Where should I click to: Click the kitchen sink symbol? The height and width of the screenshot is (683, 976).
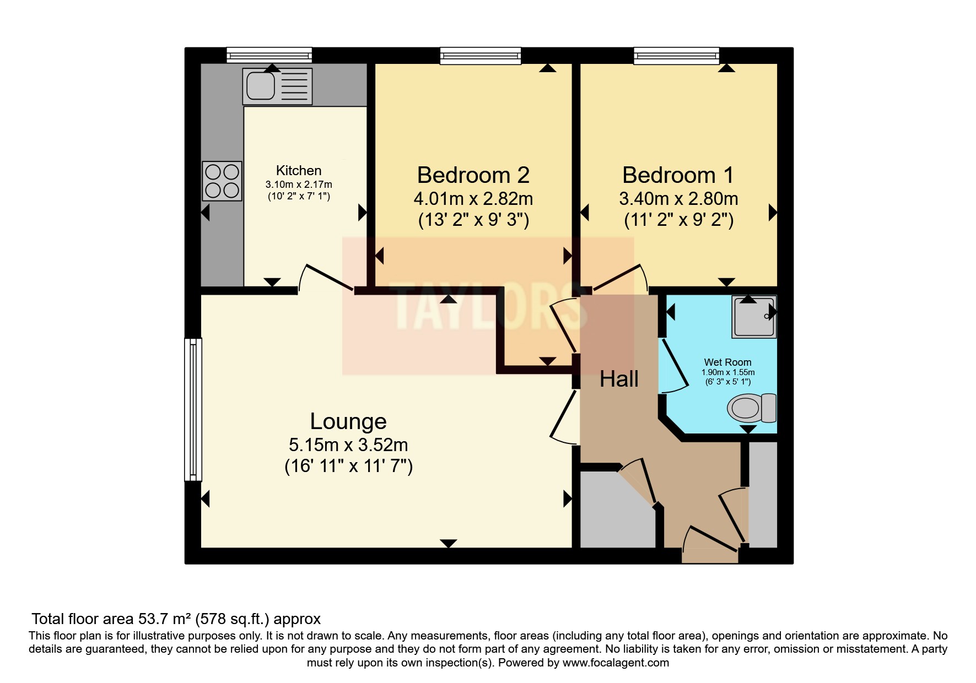tap(277, 86)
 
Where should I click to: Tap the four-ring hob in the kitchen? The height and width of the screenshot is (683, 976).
tap(222, 181)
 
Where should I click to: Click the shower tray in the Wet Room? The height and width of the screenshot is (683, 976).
tap(753, 317)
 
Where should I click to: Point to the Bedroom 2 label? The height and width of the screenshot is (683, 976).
tap(473, 175)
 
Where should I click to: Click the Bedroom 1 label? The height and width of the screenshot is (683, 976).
tap(678, 175)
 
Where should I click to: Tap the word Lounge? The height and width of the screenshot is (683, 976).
tap(348, 421)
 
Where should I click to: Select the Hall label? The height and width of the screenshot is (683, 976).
tap(619, 379)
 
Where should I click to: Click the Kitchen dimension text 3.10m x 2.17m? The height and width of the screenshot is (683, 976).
tap(299, 185)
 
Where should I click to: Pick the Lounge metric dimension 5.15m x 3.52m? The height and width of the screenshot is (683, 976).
tap(348, 445)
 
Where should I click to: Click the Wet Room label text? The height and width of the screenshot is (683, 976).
tap(727, 362)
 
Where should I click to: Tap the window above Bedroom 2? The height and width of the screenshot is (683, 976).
tap(480, 55)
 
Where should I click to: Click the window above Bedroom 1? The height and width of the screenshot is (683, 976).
tap(676, 55)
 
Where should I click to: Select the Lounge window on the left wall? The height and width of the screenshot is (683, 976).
tap(193, 409)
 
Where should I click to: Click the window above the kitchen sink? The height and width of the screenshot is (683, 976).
tap(269, 55)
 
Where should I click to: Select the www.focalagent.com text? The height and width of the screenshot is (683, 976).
tap(616, 663)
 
